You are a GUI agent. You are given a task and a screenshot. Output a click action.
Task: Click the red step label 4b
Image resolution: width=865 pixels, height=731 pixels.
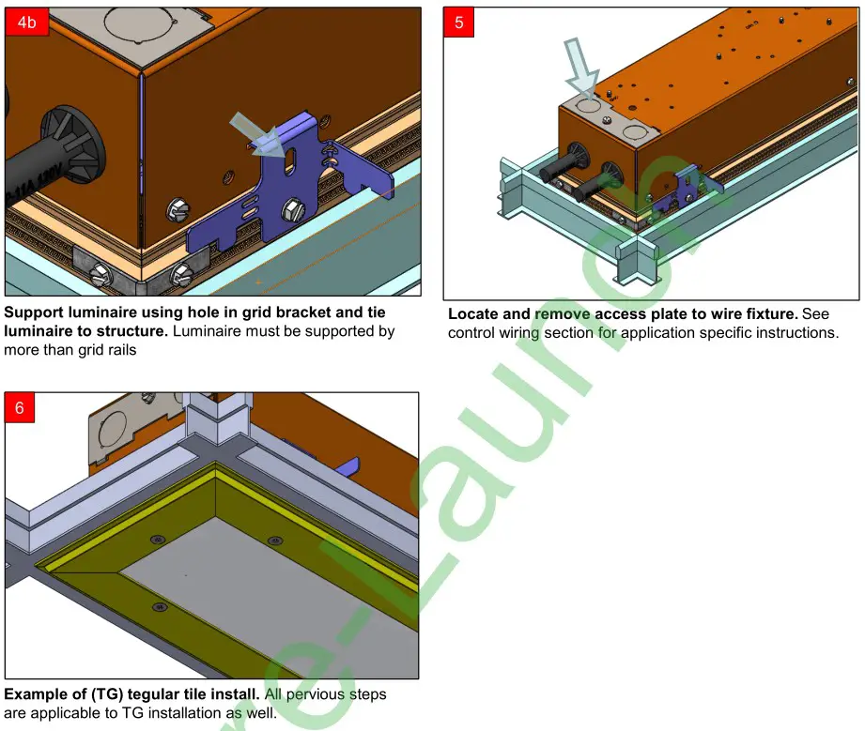tap(27, 23)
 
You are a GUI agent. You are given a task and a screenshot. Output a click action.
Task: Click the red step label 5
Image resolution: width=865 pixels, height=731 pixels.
tap(459, 23)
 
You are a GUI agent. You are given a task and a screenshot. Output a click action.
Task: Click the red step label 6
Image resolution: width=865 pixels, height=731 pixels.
tap(21, 408)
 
